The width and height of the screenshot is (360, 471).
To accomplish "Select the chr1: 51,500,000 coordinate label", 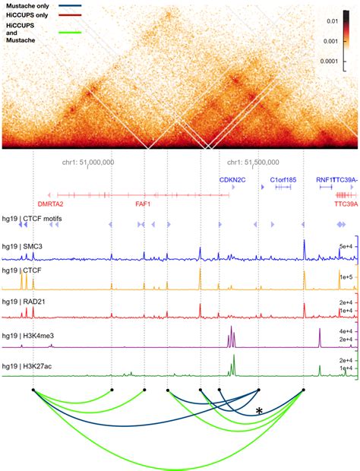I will pyautogui.click(x=253, y=162).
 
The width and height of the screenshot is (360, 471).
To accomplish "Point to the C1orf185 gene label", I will pyautogui.click(x=283, y=180).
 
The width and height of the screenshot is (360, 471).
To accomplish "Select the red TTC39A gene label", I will pyautogui.click(x=346, y=204).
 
